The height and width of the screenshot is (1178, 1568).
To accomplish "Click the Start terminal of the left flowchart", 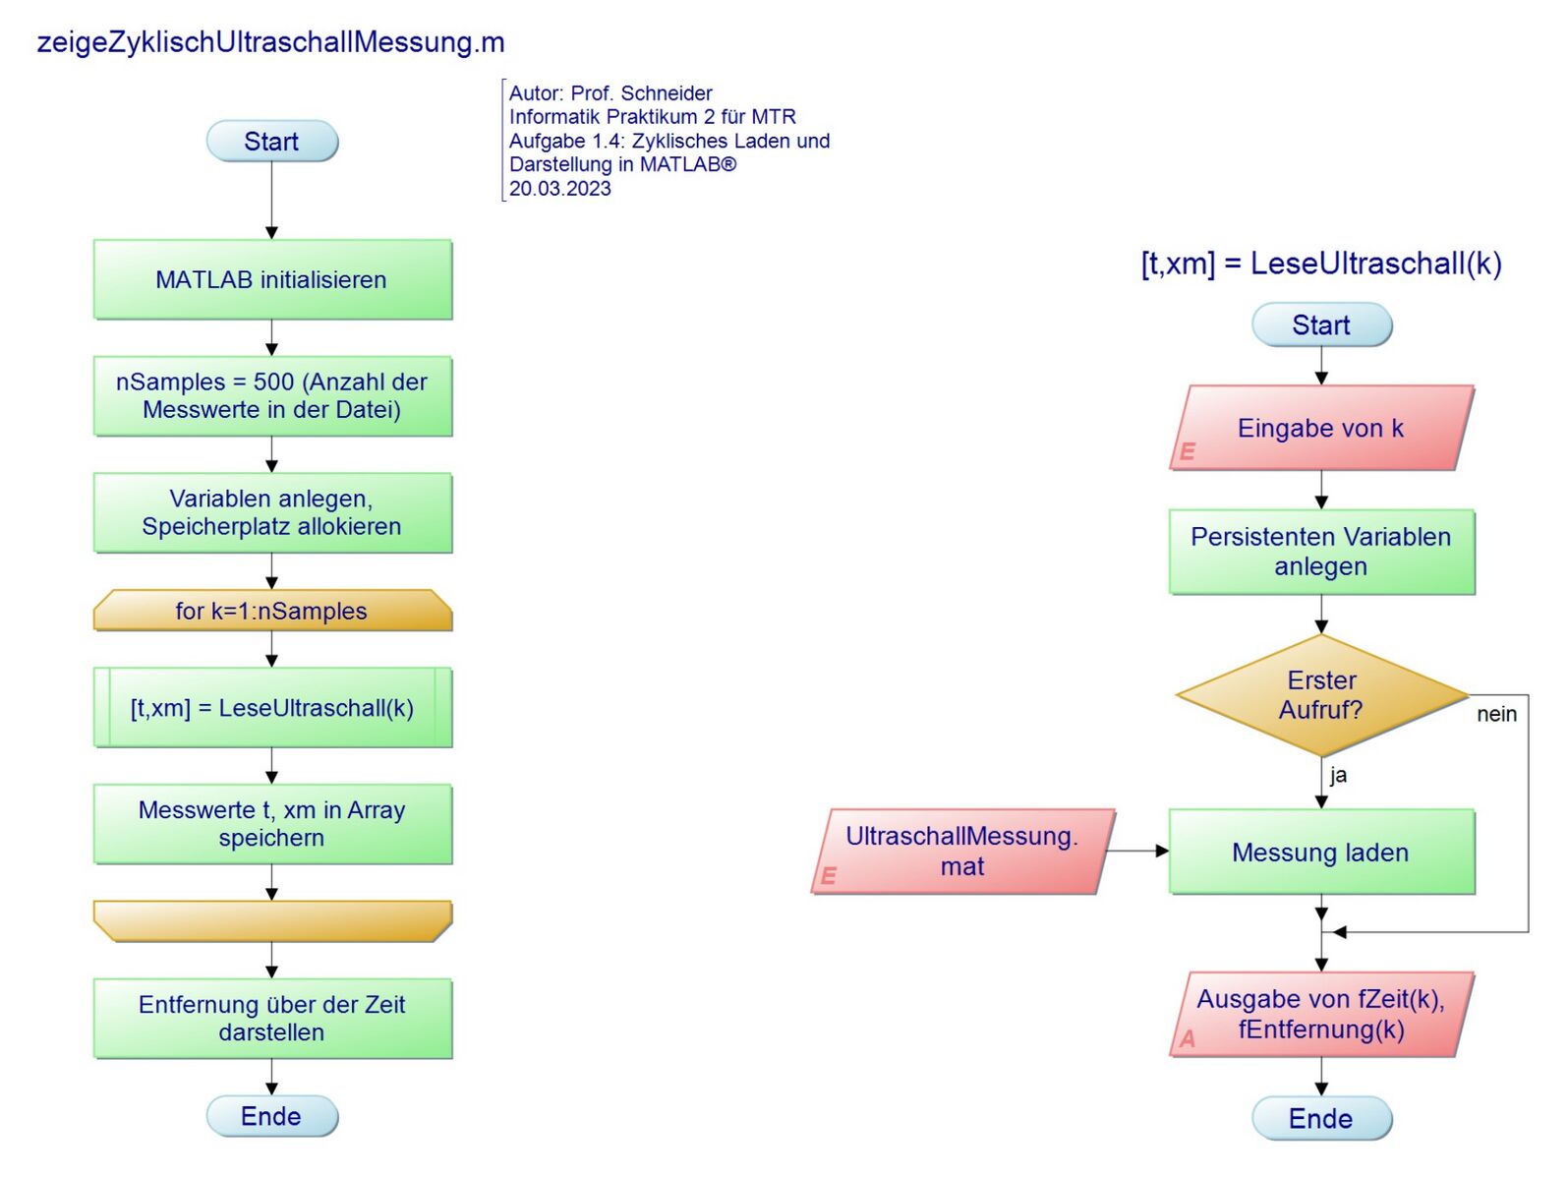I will (271, 142).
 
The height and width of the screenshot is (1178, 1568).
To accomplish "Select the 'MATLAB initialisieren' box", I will (272, 279).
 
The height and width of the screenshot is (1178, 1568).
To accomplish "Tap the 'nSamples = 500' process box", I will (272, 396).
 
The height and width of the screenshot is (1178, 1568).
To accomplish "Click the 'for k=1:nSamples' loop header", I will (272, 611).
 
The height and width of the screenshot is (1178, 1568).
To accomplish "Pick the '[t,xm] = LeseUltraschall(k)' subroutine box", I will (272, 708).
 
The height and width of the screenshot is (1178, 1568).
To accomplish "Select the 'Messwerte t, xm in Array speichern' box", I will (272, 824).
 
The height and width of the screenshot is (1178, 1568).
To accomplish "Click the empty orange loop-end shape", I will (272, 921).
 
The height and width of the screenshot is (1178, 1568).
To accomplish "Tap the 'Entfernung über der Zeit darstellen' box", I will (272, 1019).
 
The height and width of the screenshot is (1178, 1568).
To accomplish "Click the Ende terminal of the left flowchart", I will (271, 1117).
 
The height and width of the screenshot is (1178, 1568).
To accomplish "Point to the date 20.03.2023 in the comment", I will (560, 189).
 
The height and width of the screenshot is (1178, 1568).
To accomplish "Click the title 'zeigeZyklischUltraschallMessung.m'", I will (270, 42).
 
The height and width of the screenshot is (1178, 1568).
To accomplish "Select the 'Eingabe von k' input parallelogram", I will (1321, 428).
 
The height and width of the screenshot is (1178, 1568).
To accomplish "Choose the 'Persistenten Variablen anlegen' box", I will (1321, 552).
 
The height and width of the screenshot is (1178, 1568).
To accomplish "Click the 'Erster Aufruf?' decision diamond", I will (1321, 695).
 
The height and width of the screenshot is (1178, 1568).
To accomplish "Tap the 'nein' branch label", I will (1496, 715).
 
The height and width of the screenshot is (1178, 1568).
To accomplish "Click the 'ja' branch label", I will (1338, 775).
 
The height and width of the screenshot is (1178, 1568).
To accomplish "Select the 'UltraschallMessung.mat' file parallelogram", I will (961, 852).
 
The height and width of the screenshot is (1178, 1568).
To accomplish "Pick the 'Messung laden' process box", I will (1321, 853).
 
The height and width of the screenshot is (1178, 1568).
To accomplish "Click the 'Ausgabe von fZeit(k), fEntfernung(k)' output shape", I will (1321, 1015).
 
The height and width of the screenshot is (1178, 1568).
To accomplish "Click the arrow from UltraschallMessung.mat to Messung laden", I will (1138, 851).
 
